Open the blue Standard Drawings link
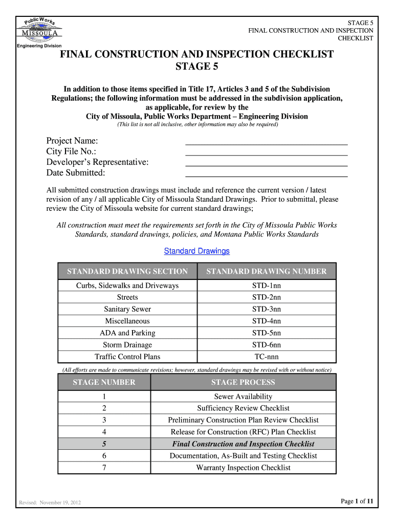pyautogui.click(x=196, y=251)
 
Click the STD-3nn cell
pyautogui.click(x=266, y=310)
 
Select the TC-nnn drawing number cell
pyautogui.click(x=266, y=357)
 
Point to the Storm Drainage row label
pyautogui.click(x=127, y=345)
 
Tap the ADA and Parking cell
pyautogui.click(x=127, y=333)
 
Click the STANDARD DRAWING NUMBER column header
pyautogui.click(x=266, y=272)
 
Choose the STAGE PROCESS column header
pyautogui.click(x=243, y=382)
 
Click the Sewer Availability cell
pyautogui.click(x=243, y=397)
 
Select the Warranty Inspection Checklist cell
pyautogui.click(x=243, y=468)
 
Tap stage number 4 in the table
pyautogui.click(x=104, y=432)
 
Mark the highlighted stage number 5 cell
pyautogui.click(x=104, y=444)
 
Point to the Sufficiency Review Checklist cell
pyautogui.click(x=243, y=408)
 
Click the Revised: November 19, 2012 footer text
pyautogui.click(x=50, y=503)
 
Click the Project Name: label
pyautogui.click(x=72, y=141)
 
